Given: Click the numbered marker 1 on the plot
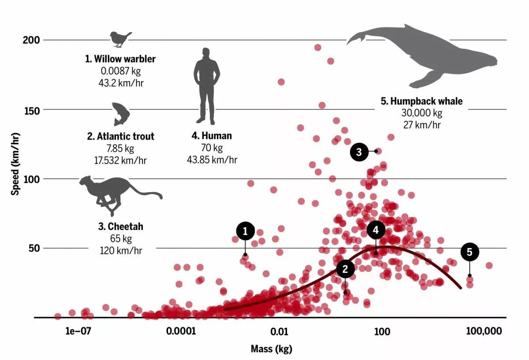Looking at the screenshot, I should click(245, 231).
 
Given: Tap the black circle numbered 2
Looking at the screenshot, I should click(345, 269).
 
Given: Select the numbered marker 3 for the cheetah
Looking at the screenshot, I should click(359, 152).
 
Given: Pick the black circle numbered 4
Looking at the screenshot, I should click(376, 230).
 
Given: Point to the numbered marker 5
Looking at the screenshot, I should click(469, 252).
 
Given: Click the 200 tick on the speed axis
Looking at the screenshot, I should click(32, 40).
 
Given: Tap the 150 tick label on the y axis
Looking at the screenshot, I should click(32, 110).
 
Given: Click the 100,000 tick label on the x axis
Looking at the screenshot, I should click(484, 331).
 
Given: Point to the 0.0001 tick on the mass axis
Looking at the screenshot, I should click(181, 331).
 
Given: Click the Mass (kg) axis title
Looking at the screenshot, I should click(272, 349).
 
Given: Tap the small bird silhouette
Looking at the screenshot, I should click(120, 39).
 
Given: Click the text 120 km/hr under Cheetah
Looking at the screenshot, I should click(121, 250).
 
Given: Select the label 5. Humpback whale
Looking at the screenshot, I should click(421, 101).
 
